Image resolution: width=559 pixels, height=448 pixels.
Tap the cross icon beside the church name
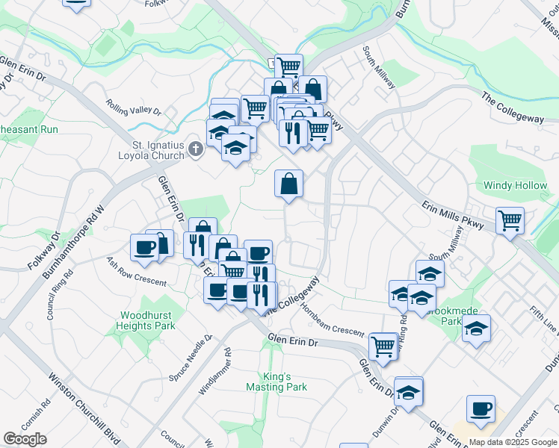coord(194,149)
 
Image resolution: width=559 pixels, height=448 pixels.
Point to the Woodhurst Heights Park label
coord(145,320)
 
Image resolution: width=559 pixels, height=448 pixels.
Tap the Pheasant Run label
coord(28,129)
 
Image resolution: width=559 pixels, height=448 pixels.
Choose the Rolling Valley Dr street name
coord(134,108)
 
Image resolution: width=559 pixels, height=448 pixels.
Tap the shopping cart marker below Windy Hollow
coord(510,221)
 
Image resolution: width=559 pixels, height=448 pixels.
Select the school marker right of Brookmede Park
coord(475,329)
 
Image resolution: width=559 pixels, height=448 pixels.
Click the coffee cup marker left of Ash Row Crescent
coord(143,247)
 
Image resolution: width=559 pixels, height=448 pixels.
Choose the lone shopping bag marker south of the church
coord(288,184)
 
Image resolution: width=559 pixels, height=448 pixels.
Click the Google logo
coord(25,439)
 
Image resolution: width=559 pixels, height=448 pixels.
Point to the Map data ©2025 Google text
coord(513,442)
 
